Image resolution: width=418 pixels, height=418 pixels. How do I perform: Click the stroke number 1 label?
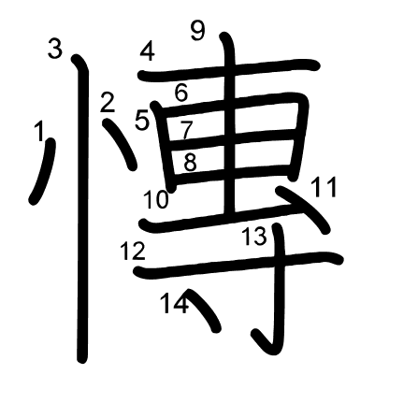tap(39, 131)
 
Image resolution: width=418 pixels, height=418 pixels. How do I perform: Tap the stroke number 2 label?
tap(108, 103)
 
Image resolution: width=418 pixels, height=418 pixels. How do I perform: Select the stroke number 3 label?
tap(55, 49)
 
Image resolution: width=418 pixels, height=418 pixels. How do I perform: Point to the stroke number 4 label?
tap(148, 51)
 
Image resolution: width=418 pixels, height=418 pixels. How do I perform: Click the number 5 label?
tap(142, 121)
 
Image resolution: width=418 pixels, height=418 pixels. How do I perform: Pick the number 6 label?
tap(181, 93)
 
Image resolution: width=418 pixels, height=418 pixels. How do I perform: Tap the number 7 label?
tap(186, 131)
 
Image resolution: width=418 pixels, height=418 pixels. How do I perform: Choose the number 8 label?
tap(190, 162)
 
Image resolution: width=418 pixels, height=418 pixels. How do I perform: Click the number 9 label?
tap(198, 31)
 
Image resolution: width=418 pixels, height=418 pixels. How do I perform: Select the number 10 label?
tap(156, 199)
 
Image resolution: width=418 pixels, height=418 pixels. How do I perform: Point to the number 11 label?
tap(324, 187)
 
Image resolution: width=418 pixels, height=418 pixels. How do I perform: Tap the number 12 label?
tap(133, 251)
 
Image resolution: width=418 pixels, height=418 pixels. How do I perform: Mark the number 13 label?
tap(254, 236)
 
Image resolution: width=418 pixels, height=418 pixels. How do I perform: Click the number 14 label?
tap(175, 304)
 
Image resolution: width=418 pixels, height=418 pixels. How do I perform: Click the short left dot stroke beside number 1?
tap(44, 171)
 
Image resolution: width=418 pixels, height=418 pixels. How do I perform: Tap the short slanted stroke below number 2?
tap(120, 144)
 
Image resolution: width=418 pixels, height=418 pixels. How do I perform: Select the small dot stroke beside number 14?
tap(203, 310)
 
